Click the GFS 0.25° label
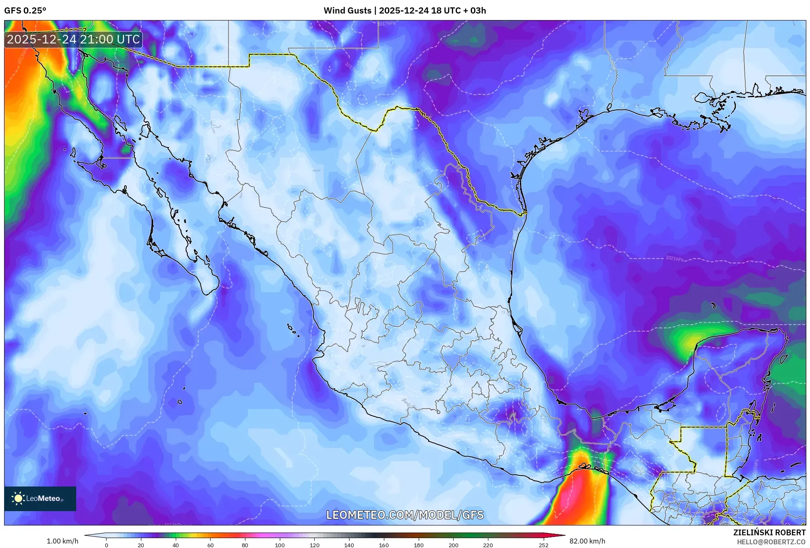click(x=25, y=10)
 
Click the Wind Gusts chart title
click(x=404, y=10)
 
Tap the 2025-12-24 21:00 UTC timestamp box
click(x=73, y=39)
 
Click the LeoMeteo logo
click(x=40, y=498)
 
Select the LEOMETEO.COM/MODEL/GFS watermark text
click(x=404, y=515)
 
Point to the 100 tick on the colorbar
click(x=280, y=545)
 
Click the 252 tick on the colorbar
click(x=543, y=545)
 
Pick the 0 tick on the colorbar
click(x=107, y=545)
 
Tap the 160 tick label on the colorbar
click(x=384, y=545)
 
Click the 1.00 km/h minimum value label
click(x=62, y=541)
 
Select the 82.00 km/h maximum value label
click(x=587, y=541)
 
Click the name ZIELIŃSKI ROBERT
click(x=769, y=532)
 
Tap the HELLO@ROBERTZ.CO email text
click(x=771, y=542)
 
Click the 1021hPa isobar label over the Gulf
click(x=674, y=259)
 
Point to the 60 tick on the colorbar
click(x=210, y=545)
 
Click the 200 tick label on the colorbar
click(x=453, y=545)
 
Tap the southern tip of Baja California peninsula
click(x=207, y=293)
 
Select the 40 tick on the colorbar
click(x=175, y=545)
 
